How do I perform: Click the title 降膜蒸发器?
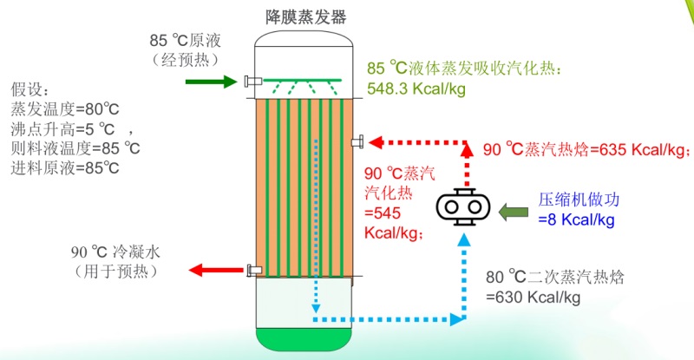pyautogui.click(x=305, y=16)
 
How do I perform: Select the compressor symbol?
pyautogui.click(x=462, y=207)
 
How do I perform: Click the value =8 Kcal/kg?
pyautogui.click(x=576, y=219)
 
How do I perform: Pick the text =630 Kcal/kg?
pyautogui.click(x=533, y=298)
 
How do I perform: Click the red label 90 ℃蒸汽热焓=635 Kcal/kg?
pyautogui.click(x=586, y=149)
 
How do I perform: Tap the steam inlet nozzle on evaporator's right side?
pyautogui.click(x=357, y=142)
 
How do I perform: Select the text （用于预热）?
pyautogui.click(x=116, y=272)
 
